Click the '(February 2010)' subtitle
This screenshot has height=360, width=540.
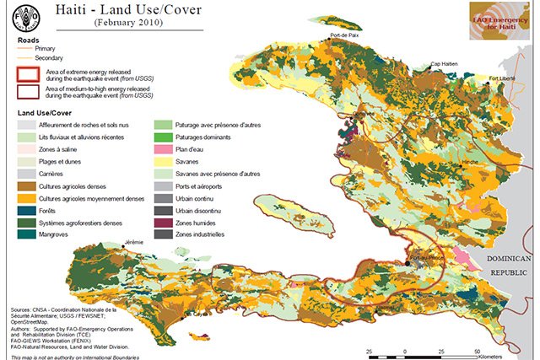coord(133,24)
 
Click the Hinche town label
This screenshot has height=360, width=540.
coord(472,159)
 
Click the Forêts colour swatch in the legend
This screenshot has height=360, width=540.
coord(26,210)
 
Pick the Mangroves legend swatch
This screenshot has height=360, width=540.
coord(26,234)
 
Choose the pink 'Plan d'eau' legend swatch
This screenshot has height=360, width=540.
coord(164,148)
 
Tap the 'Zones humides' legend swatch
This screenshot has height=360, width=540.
coord(164,221)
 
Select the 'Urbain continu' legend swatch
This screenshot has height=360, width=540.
coord(164,197)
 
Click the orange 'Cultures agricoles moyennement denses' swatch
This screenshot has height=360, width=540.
coord(26,197)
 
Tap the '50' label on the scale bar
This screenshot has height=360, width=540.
coord(478,349)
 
